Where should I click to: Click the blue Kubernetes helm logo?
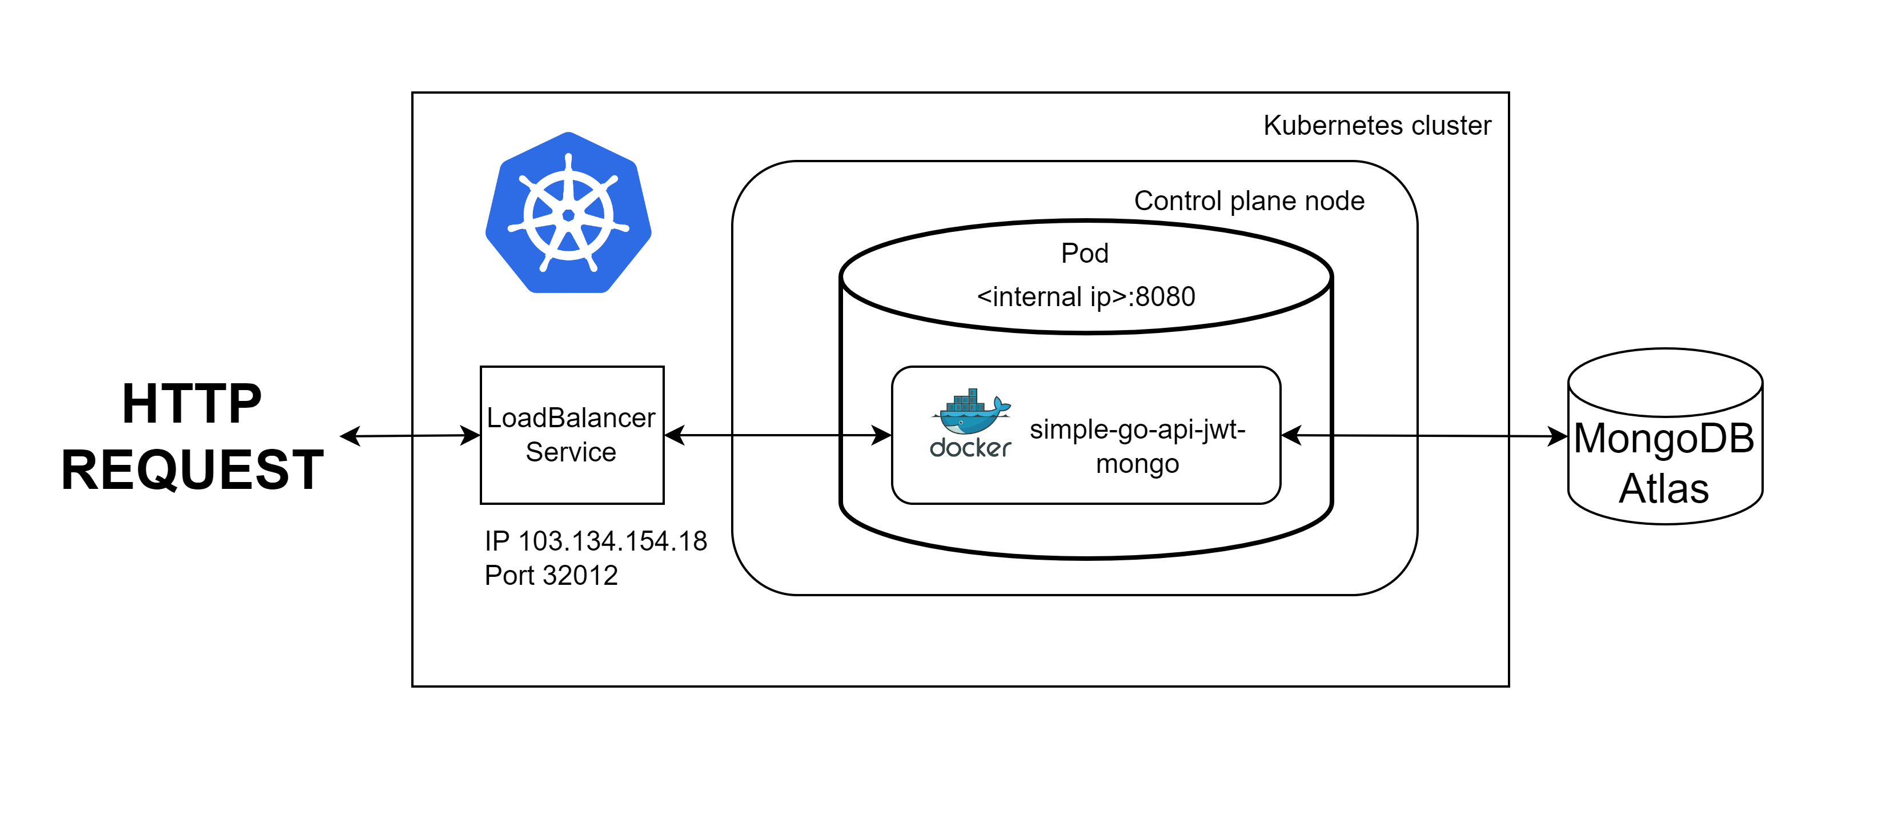click(x=568, y=213)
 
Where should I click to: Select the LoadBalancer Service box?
click(x=572, y=435)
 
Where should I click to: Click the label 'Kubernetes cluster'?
click(x=1377, y=126)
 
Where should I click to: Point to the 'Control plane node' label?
click(x=1248, y=200)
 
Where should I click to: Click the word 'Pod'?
click(x=1084, y=253)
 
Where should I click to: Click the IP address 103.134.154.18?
click(x=611, y=541)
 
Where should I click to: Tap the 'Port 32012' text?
click(x=551, y=575)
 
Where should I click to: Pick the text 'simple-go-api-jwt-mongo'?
click(x=1137, y=446)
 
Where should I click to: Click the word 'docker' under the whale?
click(x=970, y=447)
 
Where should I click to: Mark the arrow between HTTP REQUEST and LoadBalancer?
click(x=411, y=436)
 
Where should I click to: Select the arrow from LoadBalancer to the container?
click(x=777, y=435)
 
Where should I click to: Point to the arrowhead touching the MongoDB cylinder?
click(x=1558, y=437)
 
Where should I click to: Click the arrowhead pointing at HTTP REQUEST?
click(x=351, y=436)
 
